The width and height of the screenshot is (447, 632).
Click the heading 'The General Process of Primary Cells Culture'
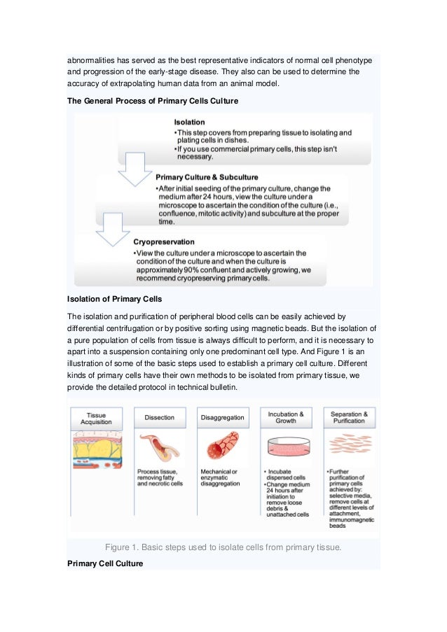tap(153, 101)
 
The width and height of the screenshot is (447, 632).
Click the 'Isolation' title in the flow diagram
tap(190, 122)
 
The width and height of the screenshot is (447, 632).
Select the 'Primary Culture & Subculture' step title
tap(207, 177)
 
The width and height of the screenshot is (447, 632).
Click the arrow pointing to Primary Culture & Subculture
tap(132, 176)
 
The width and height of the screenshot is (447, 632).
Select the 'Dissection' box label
tap(159, 417)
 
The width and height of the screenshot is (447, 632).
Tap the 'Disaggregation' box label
tap(222, 417)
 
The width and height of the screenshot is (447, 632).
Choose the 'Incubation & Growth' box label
tap(285, 417)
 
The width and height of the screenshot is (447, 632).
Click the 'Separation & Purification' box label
tap(348, 417)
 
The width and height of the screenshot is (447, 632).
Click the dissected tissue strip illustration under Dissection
tap(159, 448)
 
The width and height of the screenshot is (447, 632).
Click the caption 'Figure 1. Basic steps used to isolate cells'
tap(223, 547)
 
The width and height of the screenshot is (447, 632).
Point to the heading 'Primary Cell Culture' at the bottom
tap(104, 563)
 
